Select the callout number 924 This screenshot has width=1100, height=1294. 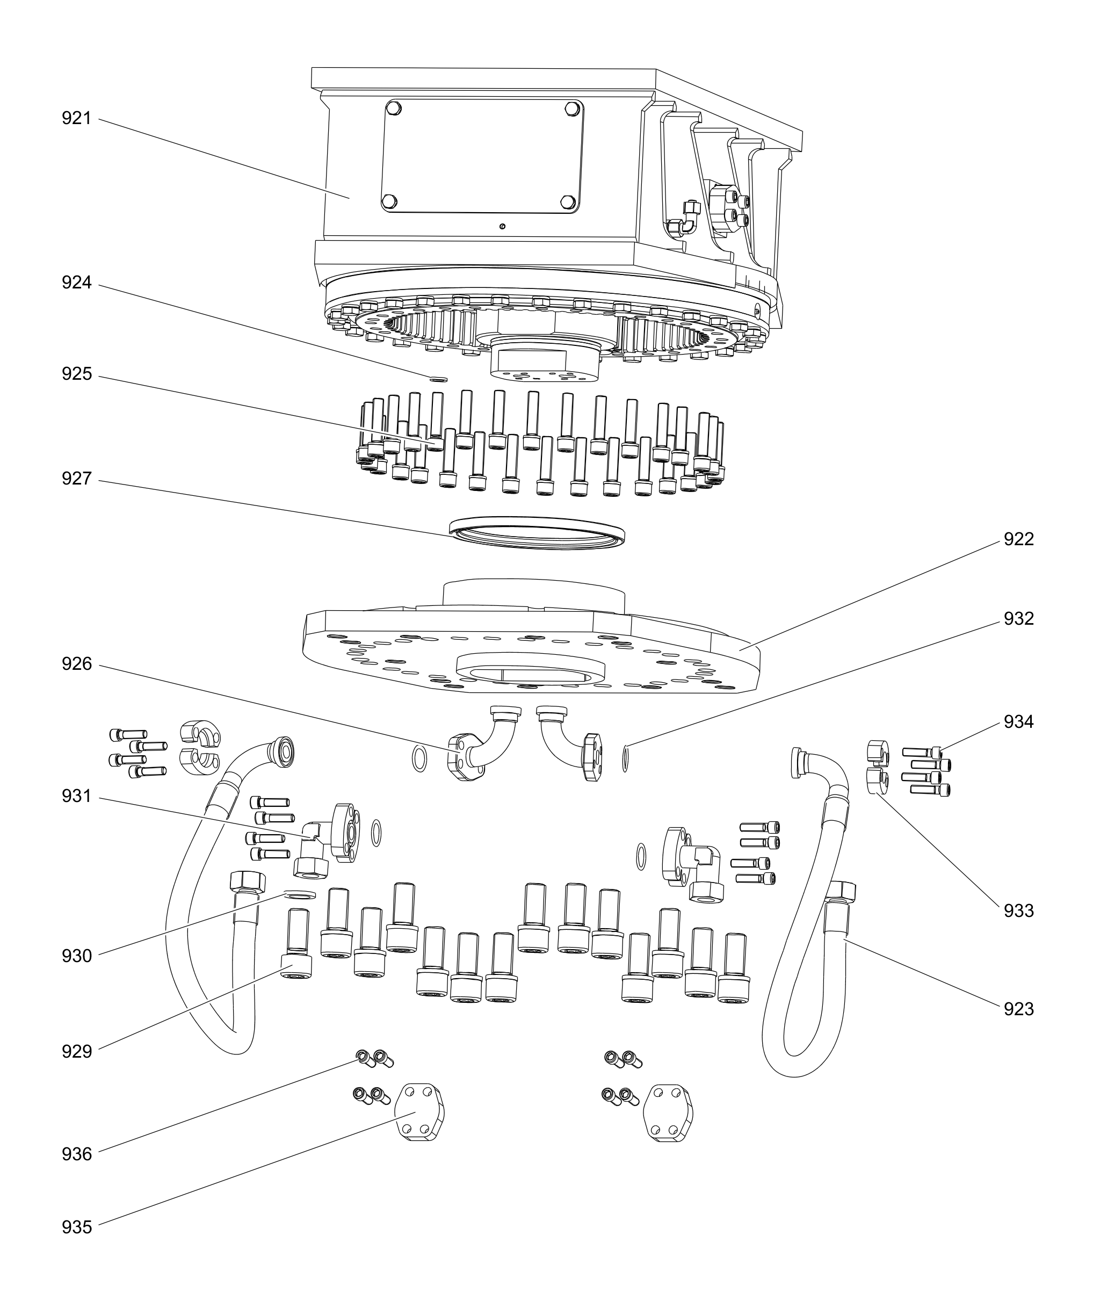coord(76,283)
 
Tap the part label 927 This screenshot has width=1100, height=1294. coord(76,479)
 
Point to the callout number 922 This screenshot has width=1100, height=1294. coord(1018,539)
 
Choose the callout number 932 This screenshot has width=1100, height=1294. coord(1018,619)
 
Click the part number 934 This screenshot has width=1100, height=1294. coord(1018,722)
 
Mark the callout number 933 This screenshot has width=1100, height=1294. coord(1018,911)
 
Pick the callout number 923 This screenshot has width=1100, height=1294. coord(1018,1009)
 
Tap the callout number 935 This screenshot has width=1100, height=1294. coord(76,1227)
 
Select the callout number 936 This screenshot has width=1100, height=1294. coord(76,1154)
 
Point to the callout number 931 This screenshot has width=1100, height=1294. coord(76,797)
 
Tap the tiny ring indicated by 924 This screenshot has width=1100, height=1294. coord(439,379)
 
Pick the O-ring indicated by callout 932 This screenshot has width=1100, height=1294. coord(627,758)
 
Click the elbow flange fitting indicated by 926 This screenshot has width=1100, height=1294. coord(480,748)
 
